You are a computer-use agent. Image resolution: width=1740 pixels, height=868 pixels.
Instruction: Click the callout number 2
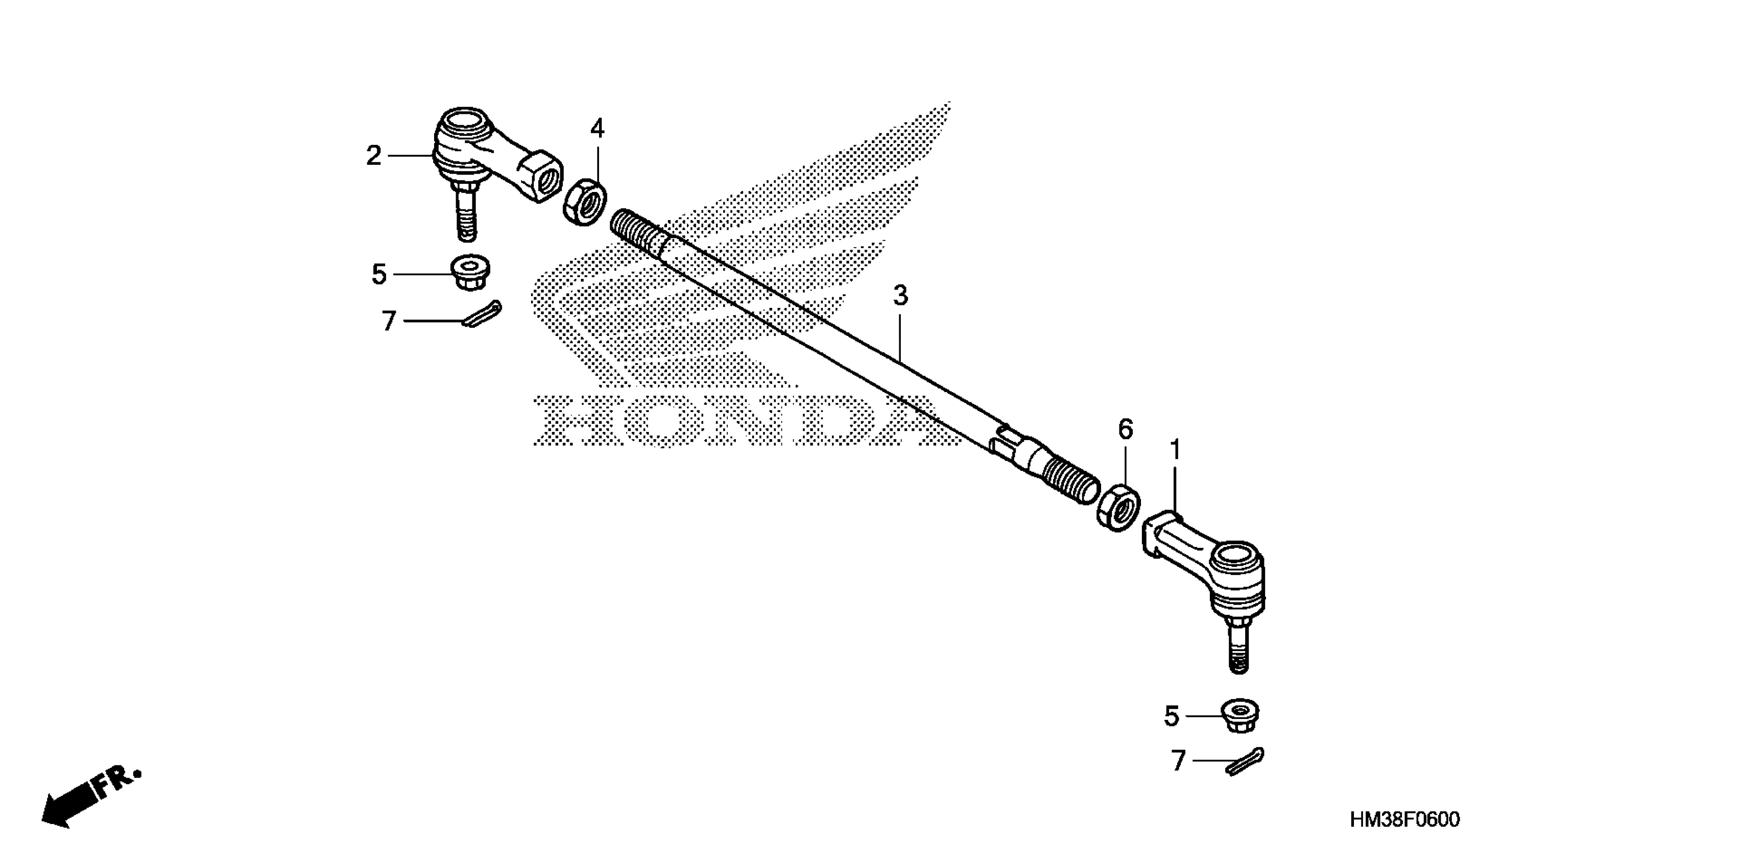coord(373,156)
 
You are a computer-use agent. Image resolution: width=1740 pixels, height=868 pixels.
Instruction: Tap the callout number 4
coord(597,128)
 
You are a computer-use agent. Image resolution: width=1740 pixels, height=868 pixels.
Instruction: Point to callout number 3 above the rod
coord(900,296)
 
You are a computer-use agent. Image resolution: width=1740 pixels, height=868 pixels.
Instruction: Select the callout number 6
coord(1125,429)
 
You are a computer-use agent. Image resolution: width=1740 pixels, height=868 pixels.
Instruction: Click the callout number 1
coord(1175,450)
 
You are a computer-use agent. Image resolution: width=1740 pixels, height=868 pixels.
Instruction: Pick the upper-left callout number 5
coord(379,274)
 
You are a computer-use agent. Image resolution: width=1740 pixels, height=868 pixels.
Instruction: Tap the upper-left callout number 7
coord(388,321)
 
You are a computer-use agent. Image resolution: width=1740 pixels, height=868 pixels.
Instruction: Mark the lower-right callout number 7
coord(1179,761)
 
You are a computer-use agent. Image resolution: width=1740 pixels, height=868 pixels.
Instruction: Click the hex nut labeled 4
coord(585,201)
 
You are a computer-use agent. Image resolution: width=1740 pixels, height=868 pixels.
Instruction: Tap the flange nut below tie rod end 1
coord(1240,715)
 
